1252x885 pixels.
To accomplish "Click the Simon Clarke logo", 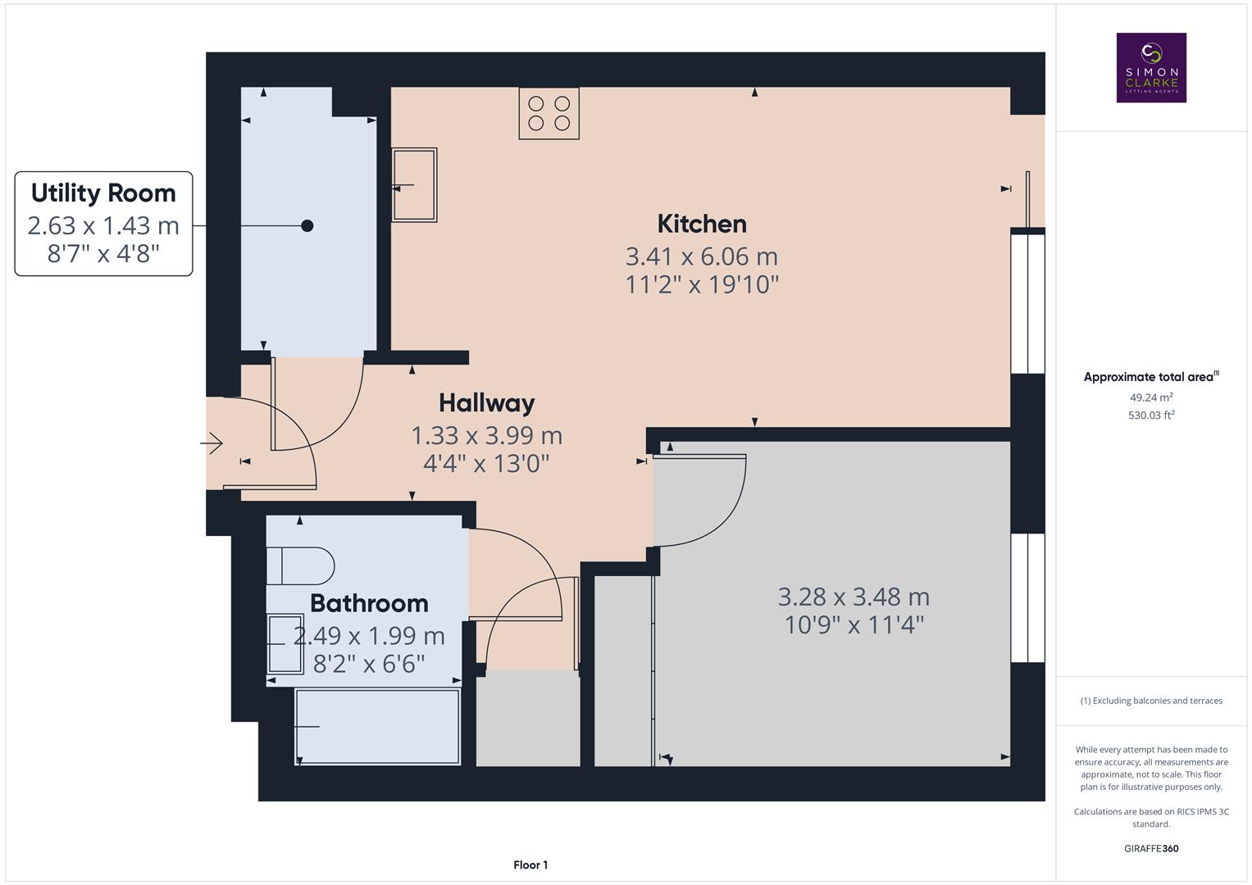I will tap(1151, 68).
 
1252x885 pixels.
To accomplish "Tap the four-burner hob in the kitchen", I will tap(549, 113).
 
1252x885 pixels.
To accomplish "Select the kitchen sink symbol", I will tap(414, 185).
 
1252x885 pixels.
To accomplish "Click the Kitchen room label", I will tap(702, 224).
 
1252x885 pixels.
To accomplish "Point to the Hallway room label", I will tap(486, 402).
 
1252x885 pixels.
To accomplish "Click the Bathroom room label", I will tap(369, 603).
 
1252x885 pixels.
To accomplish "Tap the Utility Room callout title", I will tap(103, 193).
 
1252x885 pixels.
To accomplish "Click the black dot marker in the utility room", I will tap(307, 225).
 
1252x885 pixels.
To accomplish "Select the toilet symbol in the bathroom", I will tap(300, 565).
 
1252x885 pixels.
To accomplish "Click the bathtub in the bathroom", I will tap(377, 726).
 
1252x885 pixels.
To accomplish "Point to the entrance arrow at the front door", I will tap(212, 443).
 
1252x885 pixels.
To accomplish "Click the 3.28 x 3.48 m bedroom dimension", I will tap(854, 597).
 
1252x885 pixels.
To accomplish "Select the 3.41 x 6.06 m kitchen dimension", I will tap(702, 256).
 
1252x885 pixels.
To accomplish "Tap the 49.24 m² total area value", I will tap(1151, 397).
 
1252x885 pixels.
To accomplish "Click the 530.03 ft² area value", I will tap(1151, 415).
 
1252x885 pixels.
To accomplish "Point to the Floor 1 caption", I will tap(530, 865).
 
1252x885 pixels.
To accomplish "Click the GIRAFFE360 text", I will tap(1151, 848).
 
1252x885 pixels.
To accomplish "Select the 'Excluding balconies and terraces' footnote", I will tap(1151, 701).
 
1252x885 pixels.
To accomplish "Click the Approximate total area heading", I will tap(1150, 377).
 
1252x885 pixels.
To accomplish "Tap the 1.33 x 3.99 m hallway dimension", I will tap(486, 435).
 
